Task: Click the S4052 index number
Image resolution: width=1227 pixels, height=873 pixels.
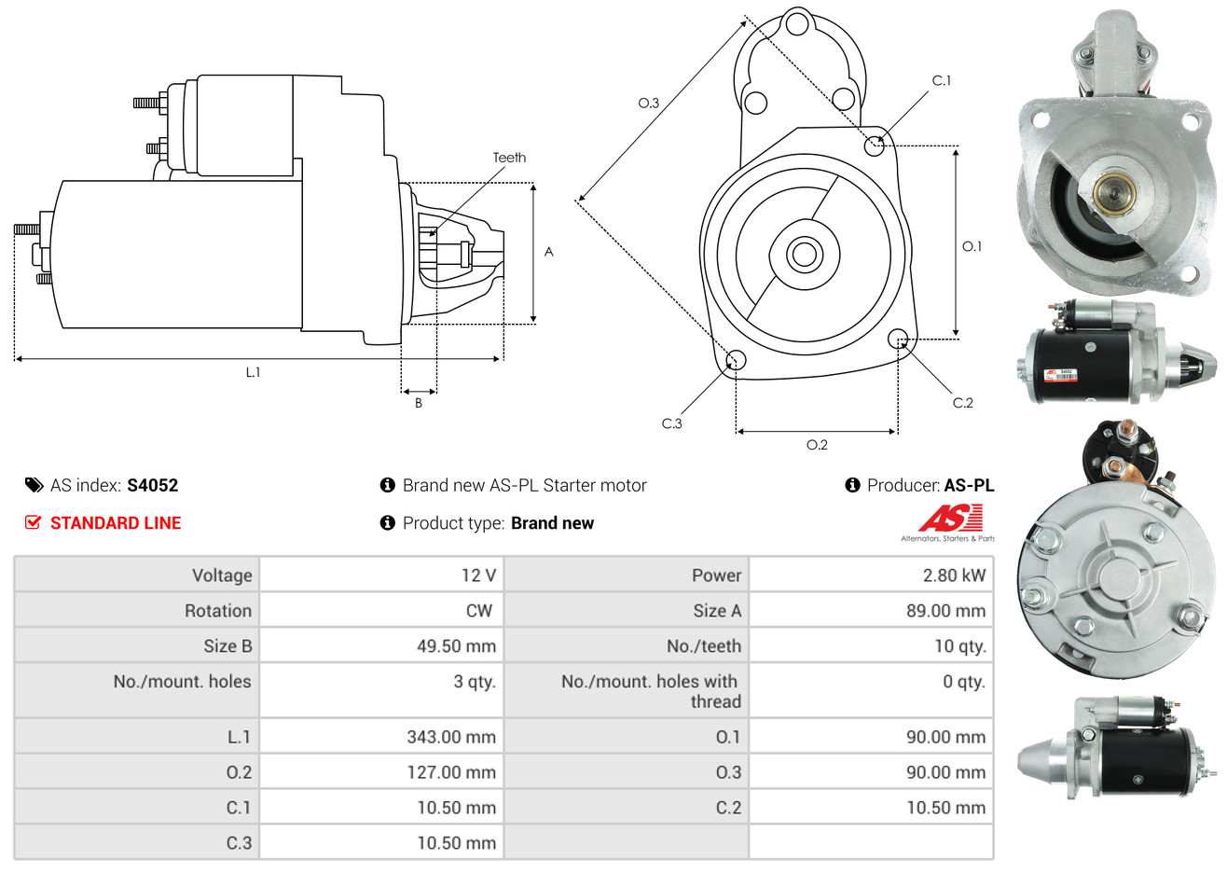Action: click(152, 486)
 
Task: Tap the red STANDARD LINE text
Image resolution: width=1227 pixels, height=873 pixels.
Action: click(116, 523)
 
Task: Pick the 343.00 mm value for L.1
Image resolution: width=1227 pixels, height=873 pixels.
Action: click(451, 737)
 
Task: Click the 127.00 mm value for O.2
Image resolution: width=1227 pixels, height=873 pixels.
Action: click(451, 772)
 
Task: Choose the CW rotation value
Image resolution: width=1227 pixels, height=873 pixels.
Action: click(478, 611)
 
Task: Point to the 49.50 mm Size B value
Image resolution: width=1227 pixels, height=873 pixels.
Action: click(456, 646)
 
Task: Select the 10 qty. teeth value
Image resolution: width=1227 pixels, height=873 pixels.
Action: click(959, 646)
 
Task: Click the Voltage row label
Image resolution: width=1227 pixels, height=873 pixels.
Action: click(222, 575)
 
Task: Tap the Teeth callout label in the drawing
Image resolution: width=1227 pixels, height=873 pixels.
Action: click(509, 158)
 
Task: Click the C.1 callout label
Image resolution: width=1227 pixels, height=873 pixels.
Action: click(941, 81)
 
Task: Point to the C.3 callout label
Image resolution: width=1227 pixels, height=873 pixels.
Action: click(671, 423)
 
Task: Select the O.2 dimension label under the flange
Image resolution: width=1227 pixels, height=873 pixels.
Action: click(817, 445)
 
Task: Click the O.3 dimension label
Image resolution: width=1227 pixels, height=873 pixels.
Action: click(649, 103)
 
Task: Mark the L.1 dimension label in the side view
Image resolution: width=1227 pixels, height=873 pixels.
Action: click(253, 373)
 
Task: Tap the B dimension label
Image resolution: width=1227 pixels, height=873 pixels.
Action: click(419, 403)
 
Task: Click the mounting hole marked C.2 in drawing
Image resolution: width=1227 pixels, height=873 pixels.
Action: click(897, 339)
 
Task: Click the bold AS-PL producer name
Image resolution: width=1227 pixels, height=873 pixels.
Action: click(969, 486)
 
